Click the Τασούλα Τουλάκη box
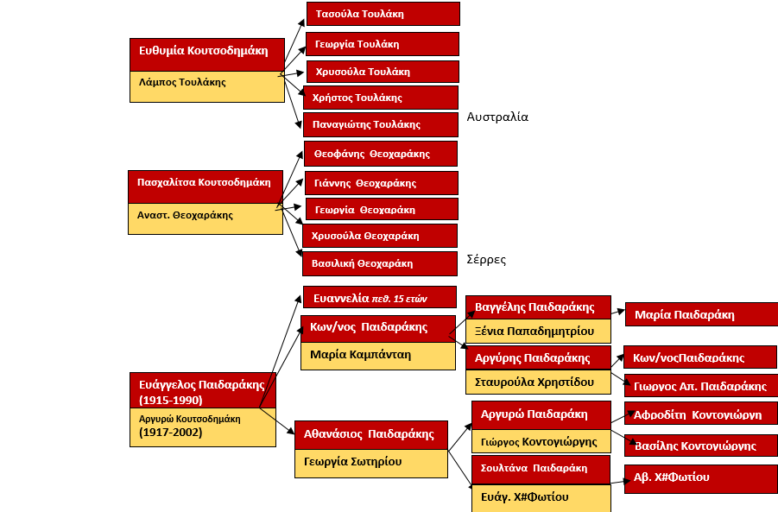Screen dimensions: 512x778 pos(383,14)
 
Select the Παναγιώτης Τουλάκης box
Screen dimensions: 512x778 pos(380,124)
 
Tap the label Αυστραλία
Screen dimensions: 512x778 pos(497,117)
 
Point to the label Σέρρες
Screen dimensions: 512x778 pos(486,259)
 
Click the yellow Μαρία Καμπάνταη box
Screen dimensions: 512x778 pos(377,355)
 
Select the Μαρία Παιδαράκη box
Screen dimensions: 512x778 pos(700,314)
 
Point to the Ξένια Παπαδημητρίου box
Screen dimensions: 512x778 pos(538,331)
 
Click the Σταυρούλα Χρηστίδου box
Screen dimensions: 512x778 pos(538,381)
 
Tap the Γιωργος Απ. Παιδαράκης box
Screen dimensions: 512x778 pos(700,386)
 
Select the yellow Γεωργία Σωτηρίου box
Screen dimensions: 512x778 pos(370,462)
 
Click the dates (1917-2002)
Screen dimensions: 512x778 pos(171,433)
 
